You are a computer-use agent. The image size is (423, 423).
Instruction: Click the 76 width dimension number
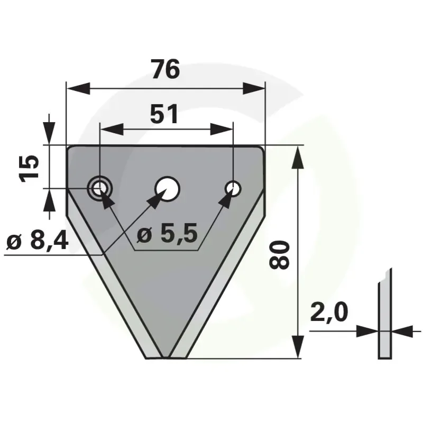tap(165, 69)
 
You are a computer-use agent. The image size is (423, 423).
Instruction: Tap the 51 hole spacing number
tap(164, 114)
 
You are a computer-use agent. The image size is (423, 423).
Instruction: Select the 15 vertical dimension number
tap(29, 169)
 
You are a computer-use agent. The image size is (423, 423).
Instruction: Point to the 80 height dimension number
tap(279, 255)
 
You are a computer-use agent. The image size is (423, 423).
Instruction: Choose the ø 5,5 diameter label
tap(167, 233)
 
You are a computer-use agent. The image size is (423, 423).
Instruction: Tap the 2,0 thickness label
tap(329, 312)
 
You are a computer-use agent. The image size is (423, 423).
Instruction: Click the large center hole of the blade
tap(168, 189)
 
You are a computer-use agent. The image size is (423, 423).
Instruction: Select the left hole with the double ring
tap(100, 188)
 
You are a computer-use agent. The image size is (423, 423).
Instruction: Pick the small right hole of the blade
tap(233, 188)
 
